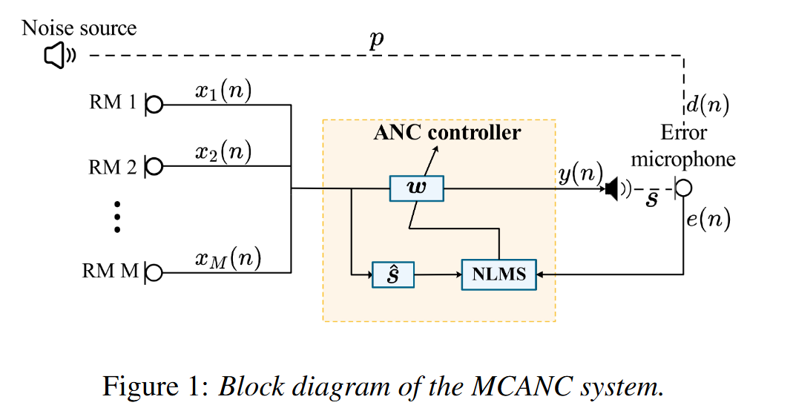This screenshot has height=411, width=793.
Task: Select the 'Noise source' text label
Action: coord(79,28)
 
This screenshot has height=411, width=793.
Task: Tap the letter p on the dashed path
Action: coord(377,40)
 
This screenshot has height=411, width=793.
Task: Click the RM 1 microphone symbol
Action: coord(153,105)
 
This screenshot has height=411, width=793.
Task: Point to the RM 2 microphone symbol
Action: coord(153,167)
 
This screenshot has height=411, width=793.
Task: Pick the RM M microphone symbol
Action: coord(153,272)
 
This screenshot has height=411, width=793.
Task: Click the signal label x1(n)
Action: coord(223,91)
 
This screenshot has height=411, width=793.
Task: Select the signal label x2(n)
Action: coord(223,153)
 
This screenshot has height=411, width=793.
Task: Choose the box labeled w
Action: coord(416,189)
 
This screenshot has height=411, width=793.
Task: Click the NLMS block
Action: coord(498,274)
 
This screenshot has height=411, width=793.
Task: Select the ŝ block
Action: coord(392,274)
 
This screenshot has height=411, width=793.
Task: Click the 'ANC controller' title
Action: coord(447,133)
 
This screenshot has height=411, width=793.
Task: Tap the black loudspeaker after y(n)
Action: coord(613,190)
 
